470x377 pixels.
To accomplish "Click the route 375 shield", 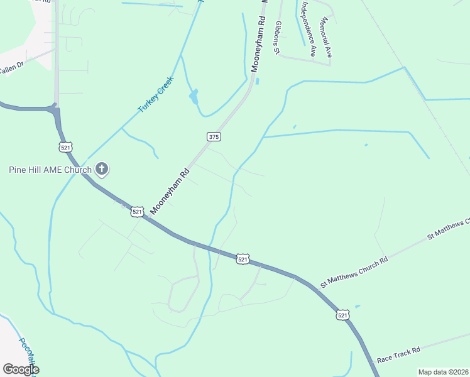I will pyautogui.click(x=213, y=136).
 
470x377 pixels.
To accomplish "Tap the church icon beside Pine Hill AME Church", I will pyautogui.click(x=102, y=168).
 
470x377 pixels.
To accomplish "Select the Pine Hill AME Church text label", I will pyautogui.click(x=50, y=169).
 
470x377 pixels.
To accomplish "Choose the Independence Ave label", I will pyautogui.click(x=307, y=29).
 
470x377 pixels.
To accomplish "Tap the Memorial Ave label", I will pyautogui.click(x=325, y=38).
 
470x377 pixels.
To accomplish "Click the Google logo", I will pyautogui.click(x=21, y=369).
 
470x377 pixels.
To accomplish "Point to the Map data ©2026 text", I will pyautogui.click(x=443, y=372).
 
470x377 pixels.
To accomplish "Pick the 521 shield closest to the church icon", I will pyautogui.click(x=65, y=146).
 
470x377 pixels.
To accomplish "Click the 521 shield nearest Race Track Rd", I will pyautogui.click(x=342, y=315).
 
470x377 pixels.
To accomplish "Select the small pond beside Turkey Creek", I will pyautogui.click(x=194, y=97).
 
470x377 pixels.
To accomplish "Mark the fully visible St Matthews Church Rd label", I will pyautogui.click(x=354, y=271).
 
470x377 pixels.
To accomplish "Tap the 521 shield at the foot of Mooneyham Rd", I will pyautogui.click(x=138, y=212).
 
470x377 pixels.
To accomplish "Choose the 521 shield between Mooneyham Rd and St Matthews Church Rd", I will pyautogui.click(x=243, y=259).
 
